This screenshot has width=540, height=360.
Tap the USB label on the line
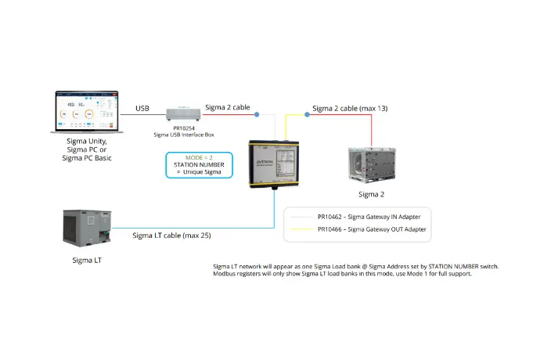click(x=142, y=108)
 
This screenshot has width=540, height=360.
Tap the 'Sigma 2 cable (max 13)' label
click(x=349, y=108)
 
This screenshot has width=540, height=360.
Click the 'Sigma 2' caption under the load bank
click(x=371, y=193)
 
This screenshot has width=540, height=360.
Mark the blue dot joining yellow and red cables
click(x=307, y=115)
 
